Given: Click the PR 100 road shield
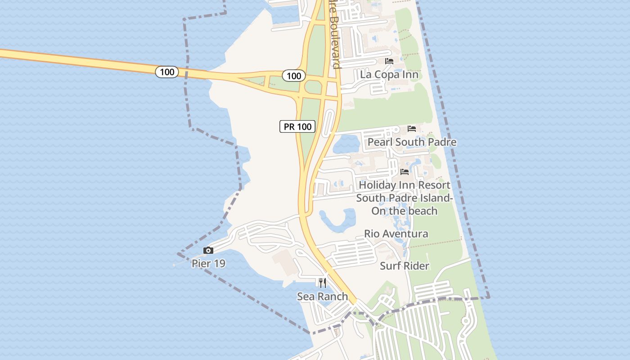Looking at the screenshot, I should [x=297, y=126].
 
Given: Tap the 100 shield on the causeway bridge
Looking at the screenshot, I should [x=167, y=72].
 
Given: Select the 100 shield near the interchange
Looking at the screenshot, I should [x=294, y=76].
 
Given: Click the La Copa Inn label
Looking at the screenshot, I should [x=389, y=74].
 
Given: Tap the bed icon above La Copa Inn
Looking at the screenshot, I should [x=389, y=61].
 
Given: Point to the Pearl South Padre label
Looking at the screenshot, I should [x=412, y=142].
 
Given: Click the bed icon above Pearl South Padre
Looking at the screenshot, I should [x=412, y=129].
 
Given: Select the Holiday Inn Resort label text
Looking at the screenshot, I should [x=405, y=185].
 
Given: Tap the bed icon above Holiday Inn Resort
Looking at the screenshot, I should [x=405, y=172].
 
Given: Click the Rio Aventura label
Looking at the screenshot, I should [x=396, y=234].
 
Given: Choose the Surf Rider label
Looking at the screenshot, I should [x=405, y=265].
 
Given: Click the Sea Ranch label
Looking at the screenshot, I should [x=322, y=296].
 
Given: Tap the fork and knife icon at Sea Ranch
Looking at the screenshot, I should [x=322, y=283].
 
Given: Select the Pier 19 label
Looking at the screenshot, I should [x=208, y=263].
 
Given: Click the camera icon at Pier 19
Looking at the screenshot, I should [x=208, y=250].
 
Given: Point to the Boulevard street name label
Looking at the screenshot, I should [x=334, y=36].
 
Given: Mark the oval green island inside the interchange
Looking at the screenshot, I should [x=313, y=87].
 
